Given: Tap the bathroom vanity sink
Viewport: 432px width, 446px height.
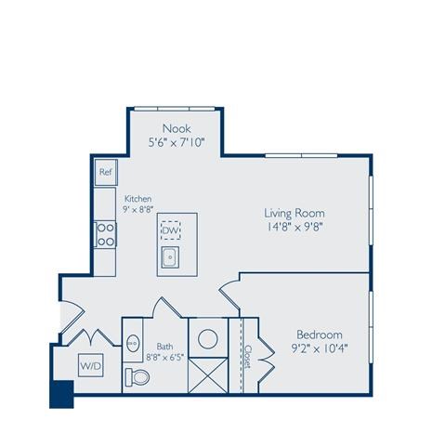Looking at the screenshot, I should click(133, 339).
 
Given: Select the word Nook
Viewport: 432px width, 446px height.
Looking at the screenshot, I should click(177, 127).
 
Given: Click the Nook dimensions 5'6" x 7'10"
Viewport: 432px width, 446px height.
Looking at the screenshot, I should click(177, 143).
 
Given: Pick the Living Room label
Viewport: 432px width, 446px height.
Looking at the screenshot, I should click(294, 213).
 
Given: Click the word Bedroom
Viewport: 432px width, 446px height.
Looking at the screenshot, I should click(320, 334).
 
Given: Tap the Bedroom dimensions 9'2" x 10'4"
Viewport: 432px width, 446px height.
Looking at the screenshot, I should click(320, 350).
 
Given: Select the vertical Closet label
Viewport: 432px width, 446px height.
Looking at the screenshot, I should click(248, 356).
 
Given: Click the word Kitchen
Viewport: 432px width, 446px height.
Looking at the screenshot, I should click(138, 198).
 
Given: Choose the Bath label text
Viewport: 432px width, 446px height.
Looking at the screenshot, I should click(165, 344).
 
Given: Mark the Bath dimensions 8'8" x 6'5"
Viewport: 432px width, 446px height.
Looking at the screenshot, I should click(164, 356).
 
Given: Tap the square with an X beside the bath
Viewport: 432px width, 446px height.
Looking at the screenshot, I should click(207, 374).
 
